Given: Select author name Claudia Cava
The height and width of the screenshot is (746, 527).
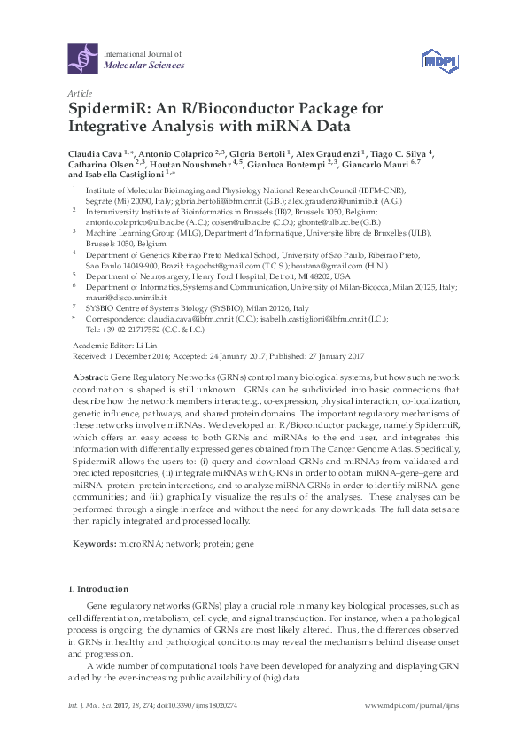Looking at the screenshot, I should (95, 152).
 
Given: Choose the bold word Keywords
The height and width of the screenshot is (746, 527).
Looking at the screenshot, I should (91, 540).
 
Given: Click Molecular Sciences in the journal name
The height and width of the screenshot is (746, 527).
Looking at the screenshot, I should (144, 66).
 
